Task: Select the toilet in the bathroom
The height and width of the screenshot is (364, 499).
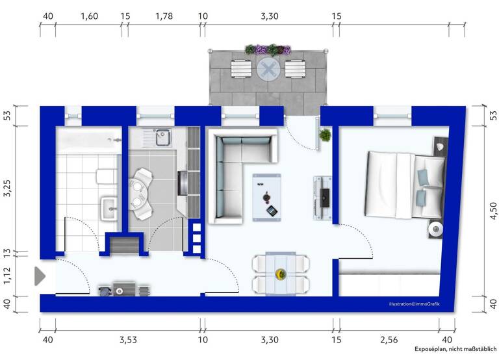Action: (x=103, y=176)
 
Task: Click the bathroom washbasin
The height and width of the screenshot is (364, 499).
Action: (x=109, y=209)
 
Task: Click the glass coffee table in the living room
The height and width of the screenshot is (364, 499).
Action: (x=267, y=194)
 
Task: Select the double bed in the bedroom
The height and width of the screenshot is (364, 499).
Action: (x=403, y=184)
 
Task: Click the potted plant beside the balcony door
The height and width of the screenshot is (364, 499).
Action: (x=324, y=136)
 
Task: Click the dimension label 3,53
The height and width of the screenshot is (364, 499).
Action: (x=127, y=339)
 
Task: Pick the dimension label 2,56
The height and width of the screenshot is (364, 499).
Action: (x=388, y=339)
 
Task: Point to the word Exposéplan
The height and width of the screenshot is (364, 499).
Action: (x=433, y=349)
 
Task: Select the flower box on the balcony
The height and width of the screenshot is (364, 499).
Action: (x=268, y=49)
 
